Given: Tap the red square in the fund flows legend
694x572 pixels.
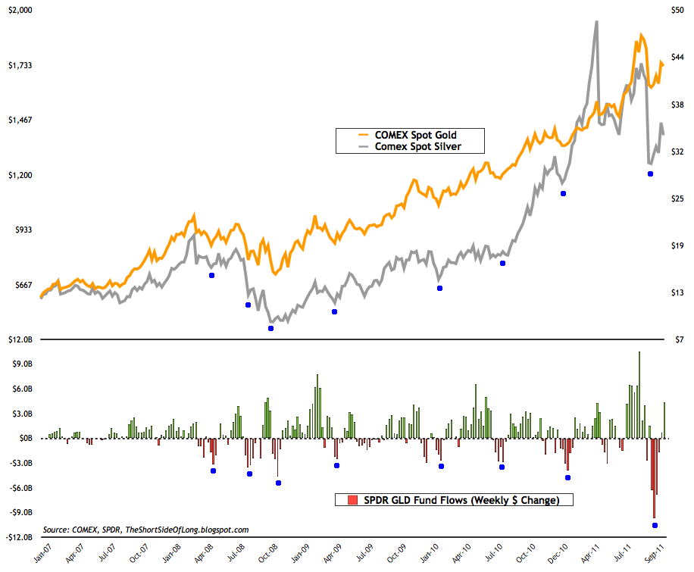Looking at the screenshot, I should coord(352,500).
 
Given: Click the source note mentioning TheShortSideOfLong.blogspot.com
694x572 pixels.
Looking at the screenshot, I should coord(146,530).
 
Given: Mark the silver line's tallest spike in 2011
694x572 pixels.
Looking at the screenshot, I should coord(596,22).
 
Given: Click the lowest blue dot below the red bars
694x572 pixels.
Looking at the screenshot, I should coord(655,525).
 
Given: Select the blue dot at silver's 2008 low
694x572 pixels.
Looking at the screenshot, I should coord(270,328).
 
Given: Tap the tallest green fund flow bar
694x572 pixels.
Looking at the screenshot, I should coord(640,352).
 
